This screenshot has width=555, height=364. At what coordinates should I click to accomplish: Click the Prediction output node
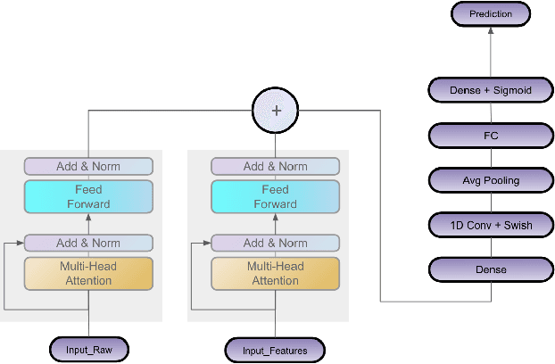pos(490,13)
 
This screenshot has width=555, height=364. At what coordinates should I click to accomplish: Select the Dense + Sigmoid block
pos(490,89)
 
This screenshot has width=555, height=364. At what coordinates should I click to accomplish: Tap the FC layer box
pos(490,136)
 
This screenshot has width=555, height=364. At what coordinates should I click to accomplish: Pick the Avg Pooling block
pos(490,180)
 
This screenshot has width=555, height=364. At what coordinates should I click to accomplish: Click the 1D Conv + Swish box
pos(490,225)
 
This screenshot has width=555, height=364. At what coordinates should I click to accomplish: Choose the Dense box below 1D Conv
pos(490,269)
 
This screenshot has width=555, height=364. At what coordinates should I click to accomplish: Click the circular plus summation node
pos(275,112)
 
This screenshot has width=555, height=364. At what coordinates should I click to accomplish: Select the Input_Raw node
pos(88,349)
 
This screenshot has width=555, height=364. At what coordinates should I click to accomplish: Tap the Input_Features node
pos(275,350)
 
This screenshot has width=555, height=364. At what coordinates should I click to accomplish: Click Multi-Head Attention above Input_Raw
pos(88,274)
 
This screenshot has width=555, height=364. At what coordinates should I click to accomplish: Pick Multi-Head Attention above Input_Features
pos(275,274)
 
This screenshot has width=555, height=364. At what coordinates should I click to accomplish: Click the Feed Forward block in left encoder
pos(88,196)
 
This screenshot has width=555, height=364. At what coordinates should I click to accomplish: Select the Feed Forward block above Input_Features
pos(275,196)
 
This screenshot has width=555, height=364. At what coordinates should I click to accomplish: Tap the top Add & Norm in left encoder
pos(88,166)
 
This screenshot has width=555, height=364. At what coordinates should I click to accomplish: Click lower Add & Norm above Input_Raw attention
pos(88,243)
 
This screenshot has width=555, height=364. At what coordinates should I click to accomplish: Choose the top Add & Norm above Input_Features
pos(275,166)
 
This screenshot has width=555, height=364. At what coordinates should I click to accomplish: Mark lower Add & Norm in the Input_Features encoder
pos(275,243)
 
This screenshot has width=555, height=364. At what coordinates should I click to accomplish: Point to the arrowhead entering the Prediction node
pos(490,29)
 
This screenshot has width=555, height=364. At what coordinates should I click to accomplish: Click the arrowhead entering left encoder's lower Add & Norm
pos(21,243)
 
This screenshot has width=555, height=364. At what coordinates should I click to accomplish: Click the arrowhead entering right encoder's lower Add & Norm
pos(208,243)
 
